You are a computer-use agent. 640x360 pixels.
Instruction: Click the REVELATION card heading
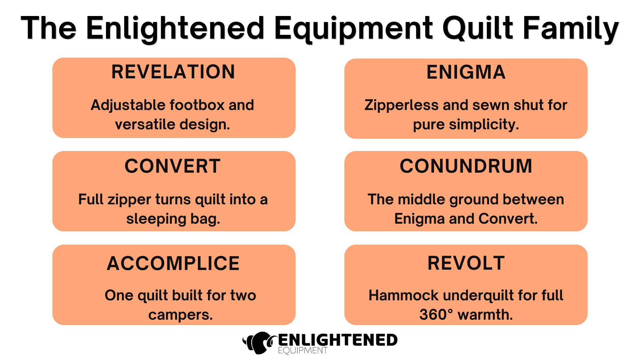point(173,72)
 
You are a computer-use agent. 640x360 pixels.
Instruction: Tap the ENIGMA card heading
point(466,72)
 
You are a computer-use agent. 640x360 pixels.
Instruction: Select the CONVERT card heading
point(173,166)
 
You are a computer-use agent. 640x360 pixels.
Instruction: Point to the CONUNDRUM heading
point(466,166)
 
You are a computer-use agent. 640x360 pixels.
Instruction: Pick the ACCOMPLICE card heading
point(173,263)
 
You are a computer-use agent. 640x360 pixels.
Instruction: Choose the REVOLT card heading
point(466,263)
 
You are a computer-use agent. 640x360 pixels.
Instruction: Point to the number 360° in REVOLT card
point(436,315)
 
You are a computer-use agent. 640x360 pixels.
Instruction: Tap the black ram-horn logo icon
point(260,342)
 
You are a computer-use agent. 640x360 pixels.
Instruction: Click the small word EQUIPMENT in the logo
point(303,350)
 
